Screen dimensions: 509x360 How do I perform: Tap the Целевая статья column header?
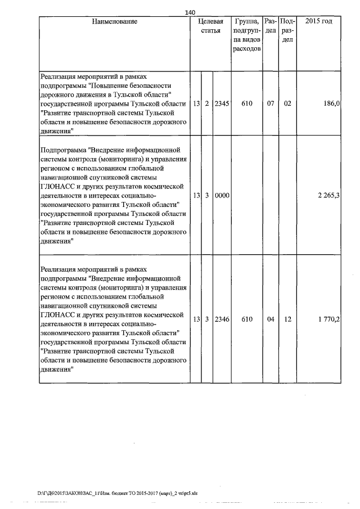[x=210, y=26]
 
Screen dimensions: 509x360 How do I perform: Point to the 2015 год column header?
[x=318, y=21]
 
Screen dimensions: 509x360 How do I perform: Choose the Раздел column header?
[x=270, y=26]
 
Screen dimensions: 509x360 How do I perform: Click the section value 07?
[x=270, y=104]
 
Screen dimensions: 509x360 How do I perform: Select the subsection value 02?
[x=287, y=104]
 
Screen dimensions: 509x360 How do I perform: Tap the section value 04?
[x=270, y=319]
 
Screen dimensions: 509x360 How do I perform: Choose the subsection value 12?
[x=287, y=319]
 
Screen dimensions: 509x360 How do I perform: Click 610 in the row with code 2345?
[x=246, y=104]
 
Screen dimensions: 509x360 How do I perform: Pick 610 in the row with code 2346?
[x=246, y=319]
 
